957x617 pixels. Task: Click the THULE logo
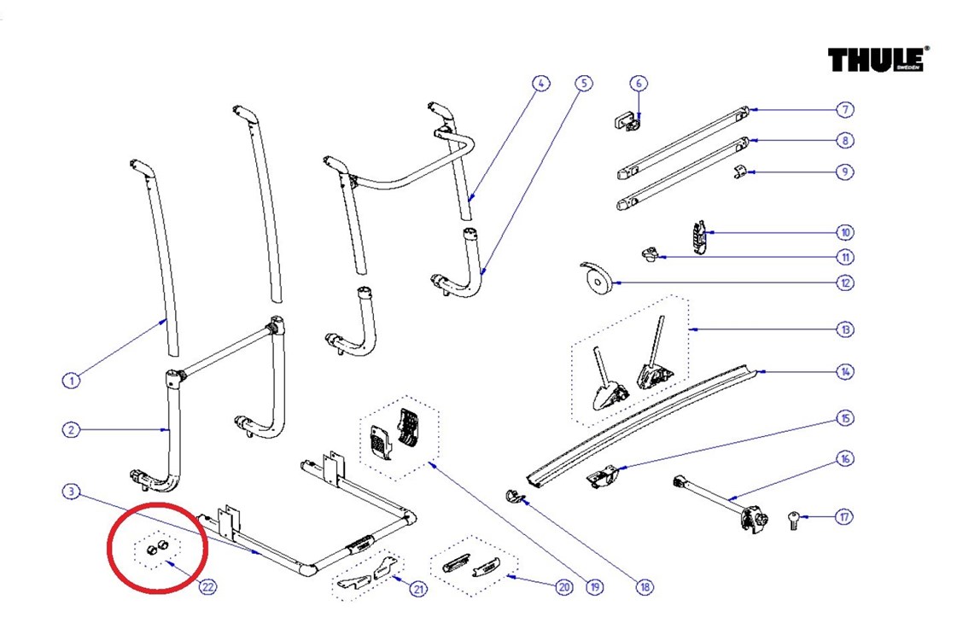[x=877, y=60]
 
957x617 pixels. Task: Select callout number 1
[x=72, y=381]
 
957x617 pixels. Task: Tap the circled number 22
[x=207, y=587]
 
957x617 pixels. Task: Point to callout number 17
[x=844, y=516]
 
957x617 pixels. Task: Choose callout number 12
[x=844, y=282]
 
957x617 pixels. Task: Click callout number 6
[x=639, y=84]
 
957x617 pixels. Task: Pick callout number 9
[x=844, y=172]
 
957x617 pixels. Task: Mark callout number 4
[x=540, y=84]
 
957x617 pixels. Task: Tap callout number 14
[x=844, y=372]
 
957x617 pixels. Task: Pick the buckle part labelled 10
[x=699, y=238]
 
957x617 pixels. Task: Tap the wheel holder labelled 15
[x=604, y=475]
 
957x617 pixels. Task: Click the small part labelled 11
[x=651, y=253]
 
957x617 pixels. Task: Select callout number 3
[x=72, y=491]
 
